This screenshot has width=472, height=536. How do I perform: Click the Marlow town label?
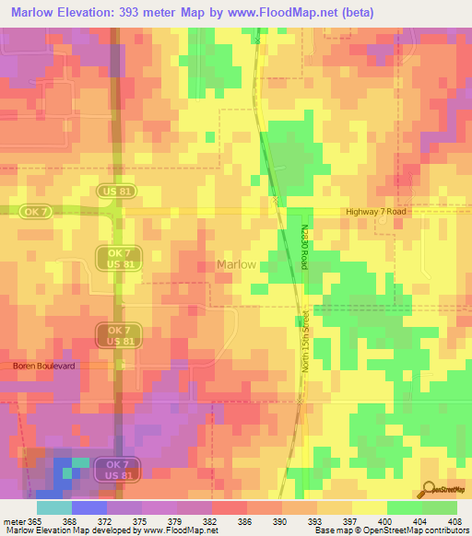coord(236,264)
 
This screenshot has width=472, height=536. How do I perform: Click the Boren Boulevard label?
coord(43,366)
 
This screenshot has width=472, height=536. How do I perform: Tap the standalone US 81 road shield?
coord(116,191)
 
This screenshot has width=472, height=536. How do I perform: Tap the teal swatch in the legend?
coord(53,507)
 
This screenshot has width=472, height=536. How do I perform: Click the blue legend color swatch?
coord(88,507)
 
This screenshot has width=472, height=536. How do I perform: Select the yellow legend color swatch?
coord(369,507)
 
